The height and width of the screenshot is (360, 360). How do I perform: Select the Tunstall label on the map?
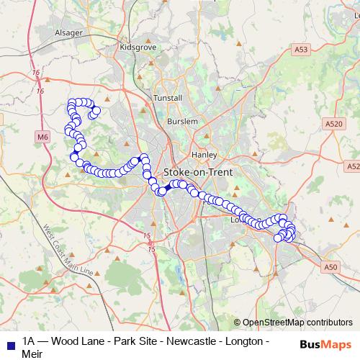168,97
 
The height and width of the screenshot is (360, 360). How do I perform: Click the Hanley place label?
204,154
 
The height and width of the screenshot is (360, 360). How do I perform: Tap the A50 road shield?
330,267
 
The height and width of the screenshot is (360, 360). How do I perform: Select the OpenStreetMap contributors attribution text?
297,323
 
